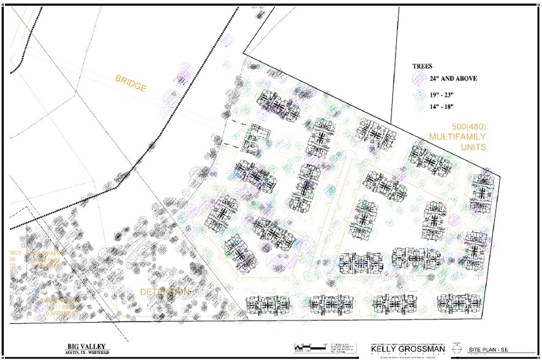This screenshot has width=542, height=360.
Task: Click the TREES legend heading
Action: click(x=423, y=67)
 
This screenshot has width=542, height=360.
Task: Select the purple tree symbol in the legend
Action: click(x=420, y=78)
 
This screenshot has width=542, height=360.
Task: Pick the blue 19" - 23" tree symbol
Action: click(x=419, y=95)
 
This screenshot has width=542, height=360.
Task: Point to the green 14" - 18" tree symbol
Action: click(x=419, y=106)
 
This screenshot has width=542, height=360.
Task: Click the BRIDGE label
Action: click(x=130, y=83)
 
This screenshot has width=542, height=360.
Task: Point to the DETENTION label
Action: click(x=164, y=292)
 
